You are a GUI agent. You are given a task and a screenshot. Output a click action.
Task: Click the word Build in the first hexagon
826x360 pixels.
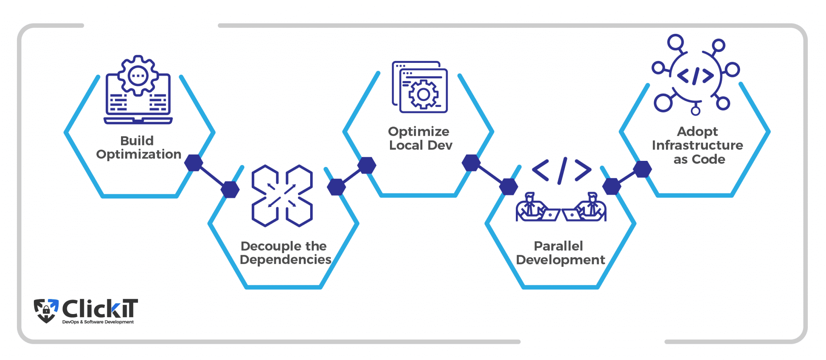click(137, 141)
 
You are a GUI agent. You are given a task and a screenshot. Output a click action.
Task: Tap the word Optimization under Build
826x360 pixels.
click(139, 154)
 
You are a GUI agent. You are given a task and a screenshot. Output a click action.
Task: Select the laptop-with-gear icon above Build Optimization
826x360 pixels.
click(138, 90)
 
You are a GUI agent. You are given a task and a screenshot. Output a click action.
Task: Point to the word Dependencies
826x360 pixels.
click(286, 260)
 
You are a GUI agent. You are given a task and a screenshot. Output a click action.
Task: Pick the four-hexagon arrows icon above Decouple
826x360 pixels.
click(282, 196)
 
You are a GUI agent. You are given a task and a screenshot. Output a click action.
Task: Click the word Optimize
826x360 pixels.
click(418, 132)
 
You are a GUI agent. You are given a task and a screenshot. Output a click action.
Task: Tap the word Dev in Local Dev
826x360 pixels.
click(440, 145)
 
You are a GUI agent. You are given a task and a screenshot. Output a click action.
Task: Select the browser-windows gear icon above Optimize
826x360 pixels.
click(420, 87)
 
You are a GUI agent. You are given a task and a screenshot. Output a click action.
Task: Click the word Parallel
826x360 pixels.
click(558, 246)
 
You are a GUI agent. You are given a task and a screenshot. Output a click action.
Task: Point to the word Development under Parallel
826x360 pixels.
click(560, 260)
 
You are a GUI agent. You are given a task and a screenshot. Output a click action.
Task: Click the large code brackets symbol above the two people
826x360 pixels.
click(561, 170)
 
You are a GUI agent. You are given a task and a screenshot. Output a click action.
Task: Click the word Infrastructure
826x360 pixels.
click(697, 145)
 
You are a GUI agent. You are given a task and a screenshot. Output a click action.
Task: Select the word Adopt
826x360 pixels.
click(697, 131)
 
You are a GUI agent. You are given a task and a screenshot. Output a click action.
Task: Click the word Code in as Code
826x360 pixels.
click(708, 159)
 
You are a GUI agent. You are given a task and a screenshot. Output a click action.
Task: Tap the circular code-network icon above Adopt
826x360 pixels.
click(695, 75)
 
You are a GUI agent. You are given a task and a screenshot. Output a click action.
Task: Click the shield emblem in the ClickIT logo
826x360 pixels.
click(46, 310)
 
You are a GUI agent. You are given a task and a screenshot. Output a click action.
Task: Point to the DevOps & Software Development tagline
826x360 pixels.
click(98, 322)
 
